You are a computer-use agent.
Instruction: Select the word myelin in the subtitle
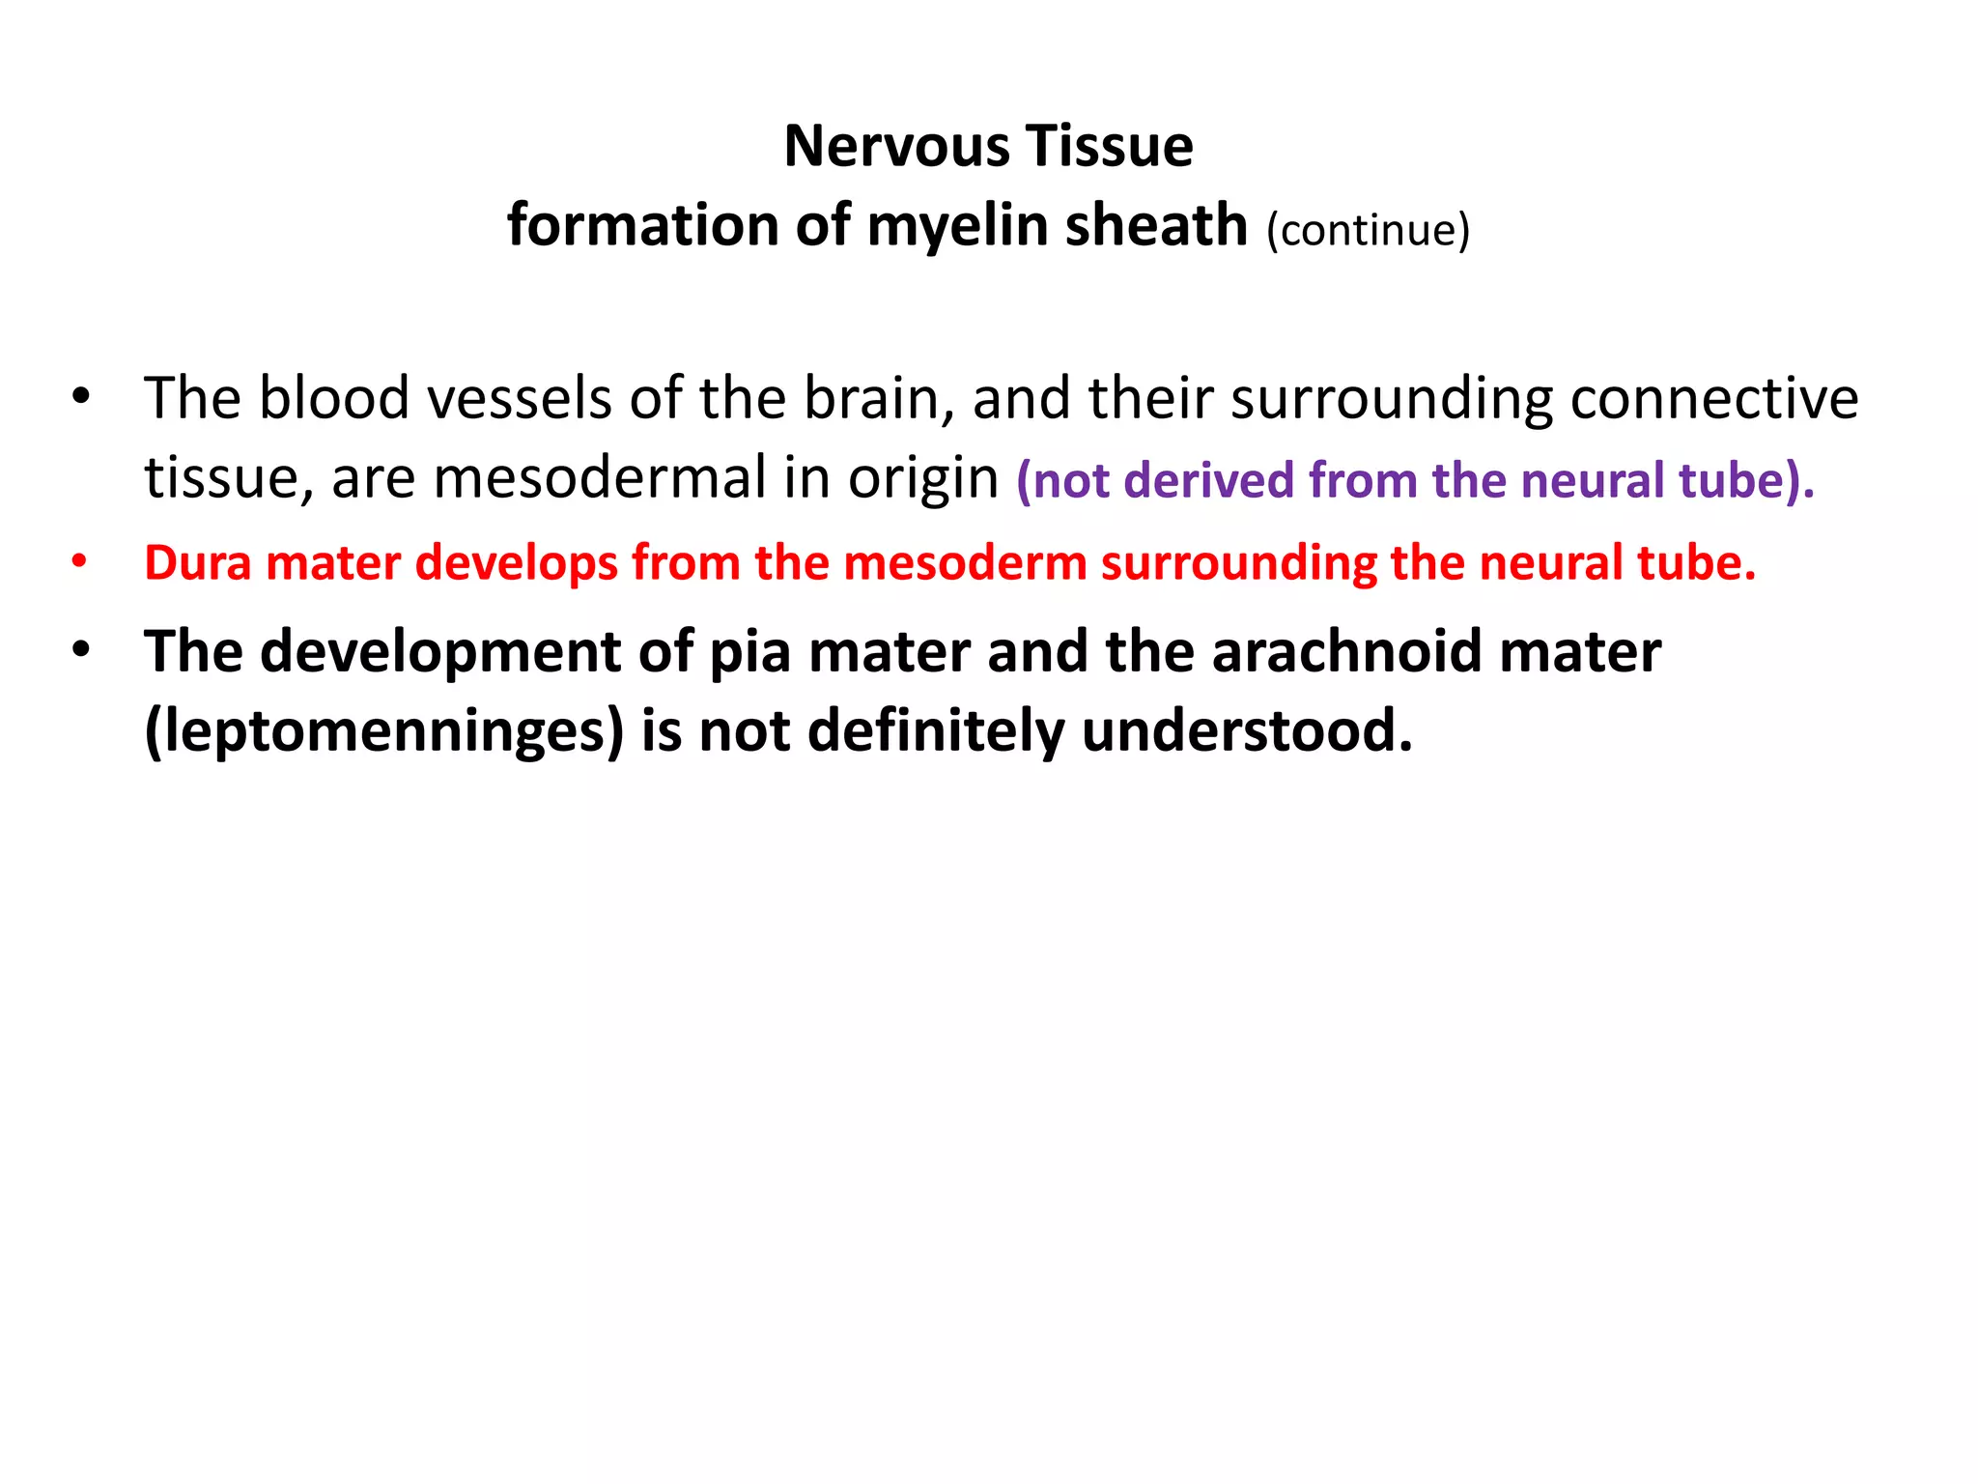point(958,226)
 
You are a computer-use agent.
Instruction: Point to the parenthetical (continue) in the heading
point(1368,230)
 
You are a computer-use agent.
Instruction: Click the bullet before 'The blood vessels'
point(80,396)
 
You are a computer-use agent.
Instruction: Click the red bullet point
point(80,561)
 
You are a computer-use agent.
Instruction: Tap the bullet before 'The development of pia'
point(80,649)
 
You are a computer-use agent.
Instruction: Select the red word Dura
point(198,562)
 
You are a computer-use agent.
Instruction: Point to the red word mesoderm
point(965,562)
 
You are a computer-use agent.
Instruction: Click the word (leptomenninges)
point(384,731)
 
